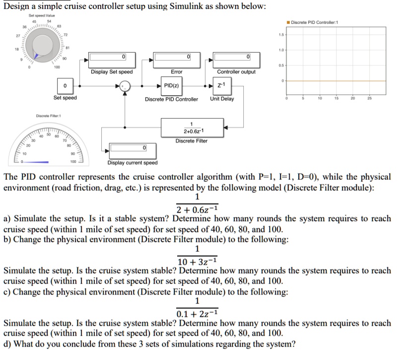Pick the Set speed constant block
click(x=65, y=86)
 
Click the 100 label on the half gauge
click(x=73, y=162)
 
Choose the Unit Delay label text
click(x=222, y=99)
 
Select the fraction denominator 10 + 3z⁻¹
click(x=197, y=261)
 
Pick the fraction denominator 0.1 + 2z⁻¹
click(x=197, y=313)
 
